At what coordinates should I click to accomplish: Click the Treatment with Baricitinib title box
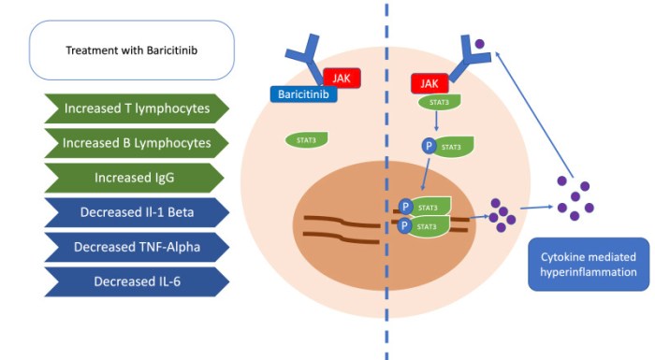pos(131,50)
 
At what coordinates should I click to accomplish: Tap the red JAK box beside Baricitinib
pos(341,79)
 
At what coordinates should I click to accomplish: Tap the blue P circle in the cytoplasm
pos(427,146)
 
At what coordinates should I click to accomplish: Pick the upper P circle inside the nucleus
pos(405,207)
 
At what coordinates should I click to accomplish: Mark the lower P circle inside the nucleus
pos(405,225)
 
